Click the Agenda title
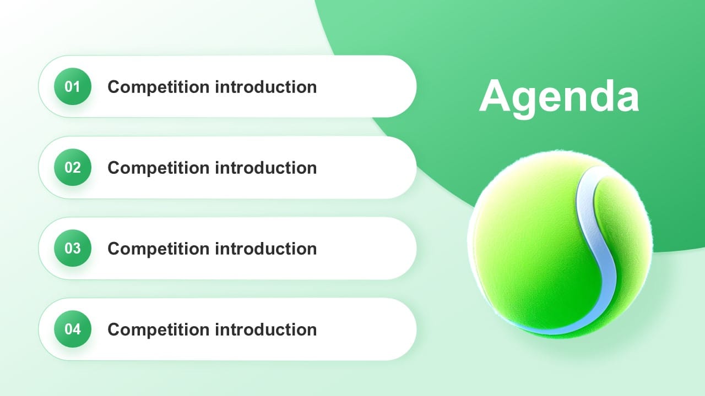click(559, 97)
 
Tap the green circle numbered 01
click(73, 86)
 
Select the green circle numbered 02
click(73, 167)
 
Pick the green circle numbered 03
click(73, 248)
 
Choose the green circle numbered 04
click(73, 329)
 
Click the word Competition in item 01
click(159, 87)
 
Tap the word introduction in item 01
click(266, 87)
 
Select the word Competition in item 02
click(159, 168)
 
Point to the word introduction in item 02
click(266, 168)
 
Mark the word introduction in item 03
click(266, 249)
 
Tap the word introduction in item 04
click(266, 329)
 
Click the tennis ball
click(560, 245)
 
